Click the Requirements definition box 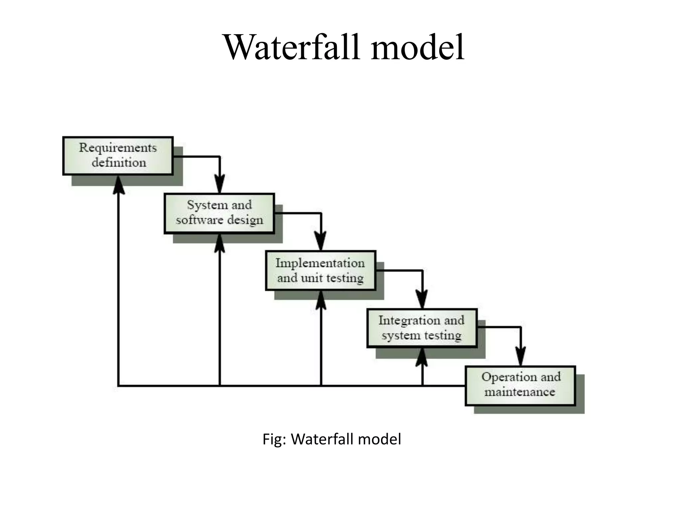click(118, 156)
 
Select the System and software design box click(219, 213)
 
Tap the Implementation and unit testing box click(321, 271)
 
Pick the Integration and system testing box click(422, 328)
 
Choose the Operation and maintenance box click(520, 385)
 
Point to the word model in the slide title click(417, 47)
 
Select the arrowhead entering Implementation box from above click(321, 241)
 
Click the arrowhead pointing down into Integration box click(422, 299)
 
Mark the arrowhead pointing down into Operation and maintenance click(520, 357)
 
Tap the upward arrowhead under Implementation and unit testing click(321, 301)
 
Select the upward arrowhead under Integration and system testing click(422, 358)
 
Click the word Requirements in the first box click(118, 148)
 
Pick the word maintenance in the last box click(519, 392)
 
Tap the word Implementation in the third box click(320, 263)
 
